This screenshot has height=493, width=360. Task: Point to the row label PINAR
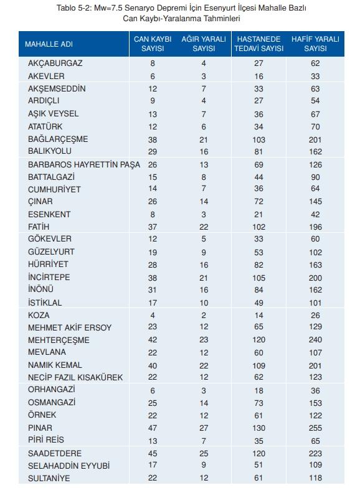click(40, 428)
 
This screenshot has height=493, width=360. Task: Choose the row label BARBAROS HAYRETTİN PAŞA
click(84, 165)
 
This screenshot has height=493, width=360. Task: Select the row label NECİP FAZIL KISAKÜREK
click(76, 377)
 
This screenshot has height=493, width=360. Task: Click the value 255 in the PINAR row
click(316, 428)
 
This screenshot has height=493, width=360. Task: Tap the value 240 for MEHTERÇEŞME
click(316, 340)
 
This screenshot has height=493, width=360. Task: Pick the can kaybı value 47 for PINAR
click(153, 428)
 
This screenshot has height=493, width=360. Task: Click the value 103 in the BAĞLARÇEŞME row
click(258, 139)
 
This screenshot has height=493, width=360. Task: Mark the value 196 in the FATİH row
click(316, 227)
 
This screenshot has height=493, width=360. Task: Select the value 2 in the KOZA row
click(203, 315)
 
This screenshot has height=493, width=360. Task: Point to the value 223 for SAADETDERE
click(316, 454)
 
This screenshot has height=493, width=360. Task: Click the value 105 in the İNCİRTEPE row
click(258, 277)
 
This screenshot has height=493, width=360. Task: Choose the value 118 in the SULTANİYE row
click(316, 478)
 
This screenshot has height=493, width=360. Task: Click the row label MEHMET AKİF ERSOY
click(70, 327)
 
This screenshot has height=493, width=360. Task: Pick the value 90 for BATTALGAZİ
click(316, 177)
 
